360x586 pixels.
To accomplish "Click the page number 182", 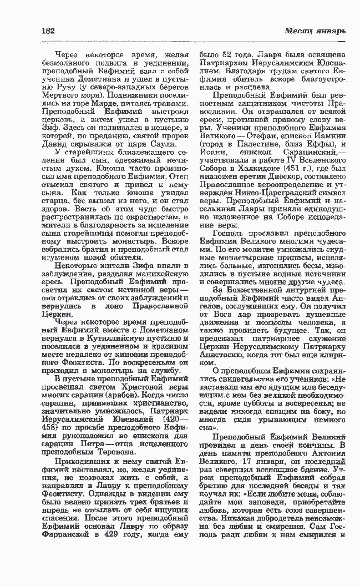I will (x=48, y=30).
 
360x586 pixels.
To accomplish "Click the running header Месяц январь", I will (x=316, y=30).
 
